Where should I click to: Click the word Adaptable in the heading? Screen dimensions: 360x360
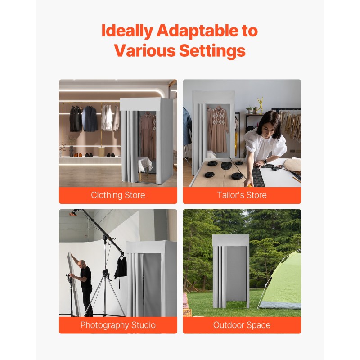(198, 31)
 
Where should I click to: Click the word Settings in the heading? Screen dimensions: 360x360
(212, 50)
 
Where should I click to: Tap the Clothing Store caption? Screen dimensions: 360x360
(118, 195)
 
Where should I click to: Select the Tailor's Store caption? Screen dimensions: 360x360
(242, 195)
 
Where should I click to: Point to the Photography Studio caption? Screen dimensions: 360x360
(118, 325)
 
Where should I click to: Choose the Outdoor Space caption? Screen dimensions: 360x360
(242, 325)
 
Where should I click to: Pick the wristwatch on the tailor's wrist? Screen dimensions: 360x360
(265, 162)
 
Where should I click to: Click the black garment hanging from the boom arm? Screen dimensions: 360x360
(121, 266)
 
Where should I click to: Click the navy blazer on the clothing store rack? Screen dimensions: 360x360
(90, 119)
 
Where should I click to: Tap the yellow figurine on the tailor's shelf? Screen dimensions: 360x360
(261, 105)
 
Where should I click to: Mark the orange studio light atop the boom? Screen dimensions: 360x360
(73, 213)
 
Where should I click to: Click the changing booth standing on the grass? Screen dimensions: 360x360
(231, 271)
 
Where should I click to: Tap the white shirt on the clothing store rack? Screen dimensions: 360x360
(108, 117)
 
